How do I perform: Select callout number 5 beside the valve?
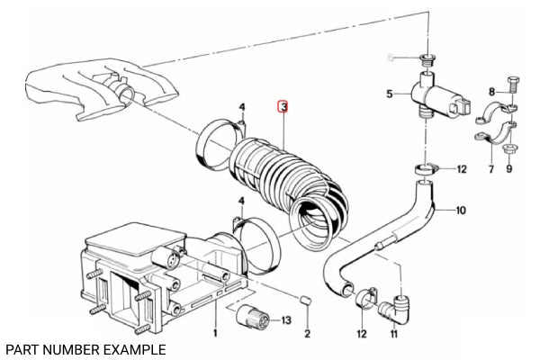coord(390,94)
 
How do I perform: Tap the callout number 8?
coord(492,92)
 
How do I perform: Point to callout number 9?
coord(508,169)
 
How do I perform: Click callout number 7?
coord(491,169)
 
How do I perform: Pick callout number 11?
coord(393,334)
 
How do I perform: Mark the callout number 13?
coord(287,320)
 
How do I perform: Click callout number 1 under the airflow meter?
coord(215,334)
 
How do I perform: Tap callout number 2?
coord(306,334)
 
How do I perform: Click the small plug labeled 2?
coord(305,299)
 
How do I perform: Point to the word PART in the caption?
coord(22,348)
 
